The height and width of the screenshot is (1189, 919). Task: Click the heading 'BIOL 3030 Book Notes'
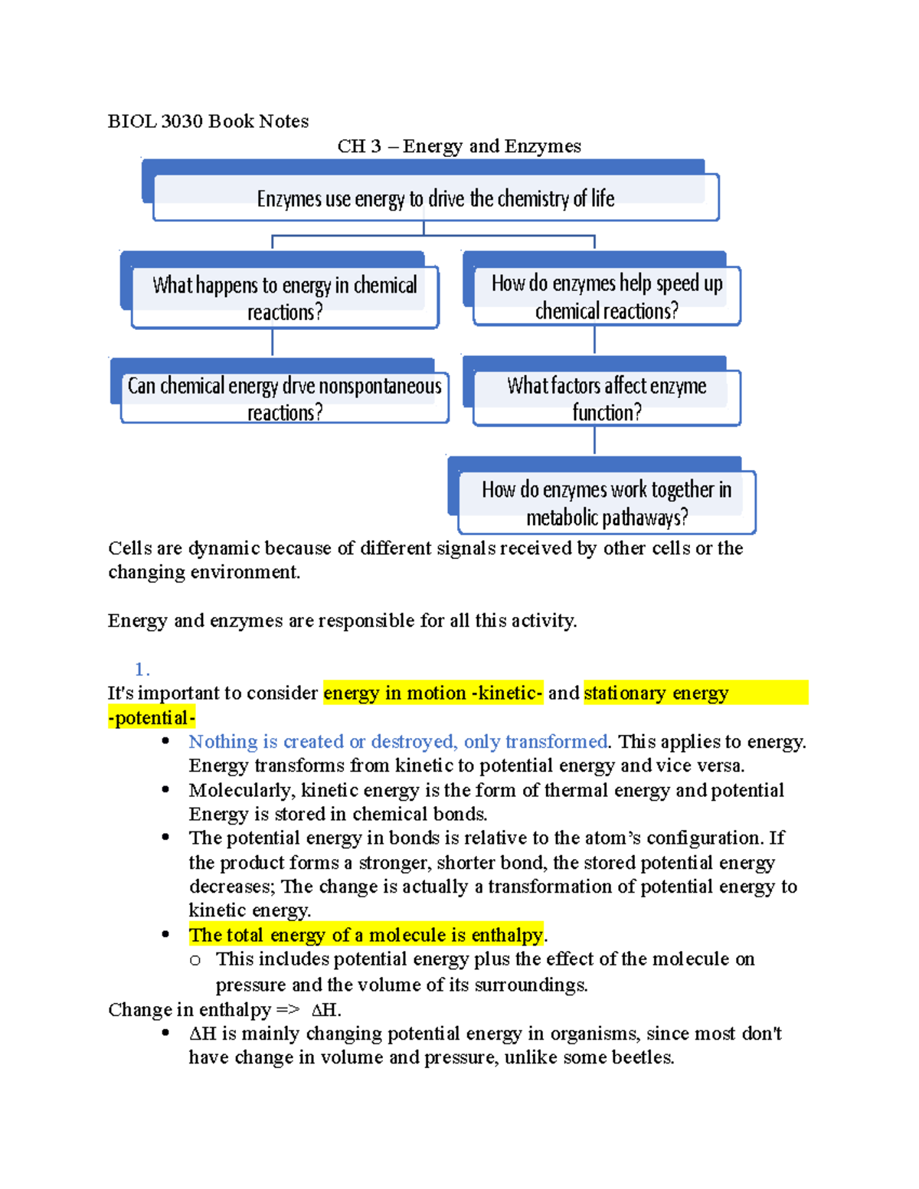pyautogui.click(x=208, y=121)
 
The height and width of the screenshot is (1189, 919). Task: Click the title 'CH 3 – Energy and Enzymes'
pyautogui.click(x=459, y=146)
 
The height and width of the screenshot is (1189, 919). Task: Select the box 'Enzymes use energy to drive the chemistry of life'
pyautogui.click(x=435, y=198)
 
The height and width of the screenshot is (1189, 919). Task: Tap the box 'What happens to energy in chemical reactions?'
pyautogui.click(x=285, y=298)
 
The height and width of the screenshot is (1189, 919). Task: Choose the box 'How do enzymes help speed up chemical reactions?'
pyautogui.click(x=607, y=296)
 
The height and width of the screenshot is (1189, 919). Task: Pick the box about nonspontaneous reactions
pyautogui.click(x=285, y=398)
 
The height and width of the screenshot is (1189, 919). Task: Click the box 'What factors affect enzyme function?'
pyautogui.click(x=607, y=398)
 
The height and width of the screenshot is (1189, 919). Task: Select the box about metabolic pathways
pyautogui.click(x=607, y=503)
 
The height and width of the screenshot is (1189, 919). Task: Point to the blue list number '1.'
pyautogui.click(x=142, y=669)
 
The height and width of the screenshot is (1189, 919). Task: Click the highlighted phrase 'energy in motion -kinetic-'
pyautogui.click(x=433, y=693)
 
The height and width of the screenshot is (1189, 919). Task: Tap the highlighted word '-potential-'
pyautogui.click(x=152, y=718)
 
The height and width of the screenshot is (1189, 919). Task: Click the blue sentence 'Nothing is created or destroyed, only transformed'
pyautogui.click(x=398, y=742)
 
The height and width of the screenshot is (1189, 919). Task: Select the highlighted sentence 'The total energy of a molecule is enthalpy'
pyautogui.click(x=366, y=935)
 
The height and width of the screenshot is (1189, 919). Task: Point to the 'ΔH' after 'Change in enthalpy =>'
pyautogui.click(x=325, y=1010)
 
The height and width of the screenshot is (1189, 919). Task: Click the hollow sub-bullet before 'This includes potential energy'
pyautogui.click(x=195, y=960)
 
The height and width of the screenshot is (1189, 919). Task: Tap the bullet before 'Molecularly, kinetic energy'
pyautogui.click(x=165, y=790)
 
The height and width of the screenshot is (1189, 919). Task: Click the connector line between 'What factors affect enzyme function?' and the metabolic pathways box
pyautogui.click(x=594, y=441)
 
